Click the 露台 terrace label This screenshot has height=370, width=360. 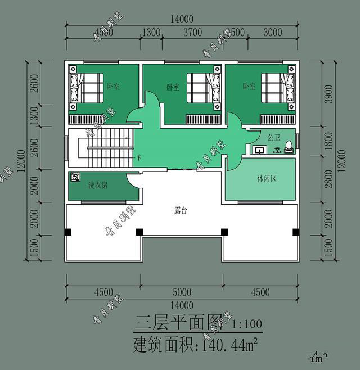pos(181,211)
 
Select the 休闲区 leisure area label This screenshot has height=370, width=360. pos(266,179)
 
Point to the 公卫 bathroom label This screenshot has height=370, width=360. pos(273,137)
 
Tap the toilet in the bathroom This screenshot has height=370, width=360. pos(289,147)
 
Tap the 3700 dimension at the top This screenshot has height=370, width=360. pos(192,33)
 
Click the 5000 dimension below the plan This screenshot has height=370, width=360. pos(182,292)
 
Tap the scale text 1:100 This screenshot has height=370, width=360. pos(246,324)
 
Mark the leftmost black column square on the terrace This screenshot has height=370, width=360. pos(69,231)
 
